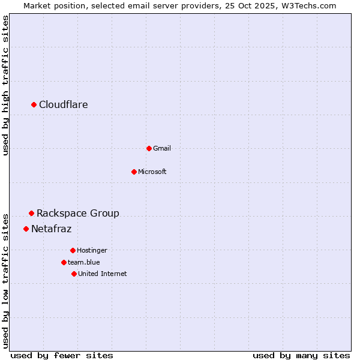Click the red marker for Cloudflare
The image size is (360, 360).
tap(34, 105)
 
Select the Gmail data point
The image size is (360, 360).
tap(149, 148)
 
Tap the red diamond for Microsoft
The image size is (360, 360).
tap(134, 172)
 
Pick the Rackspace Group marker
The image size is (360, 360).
tap(31, 213)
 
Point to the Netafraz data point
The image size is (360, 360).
tap(26, 229)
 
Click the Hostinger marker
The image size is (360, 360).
tap(73, 250)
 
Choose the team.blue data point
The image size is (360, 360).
tap(64, 262)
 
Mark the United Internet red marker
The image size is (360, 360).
tap(74, 274)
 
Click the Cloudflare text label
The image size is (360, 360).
tap(64, 105)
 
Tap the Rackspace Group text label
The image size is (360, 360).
tap(78, 213)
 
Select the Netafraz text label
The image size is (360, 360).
tap(52, 229)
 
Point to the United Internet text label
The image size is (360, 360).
tap(103, 274)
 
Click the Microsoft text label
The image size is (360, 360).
tap(152, 172)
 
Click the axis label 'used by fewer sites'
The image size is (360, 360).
tap(62, 355)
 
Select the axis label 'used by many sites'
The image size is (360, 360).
tap(301, 355)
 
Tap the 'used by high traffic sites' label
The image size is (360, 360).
tap(6, 85)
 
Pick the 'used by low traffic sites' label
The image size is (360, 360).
tap(6, 280)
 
